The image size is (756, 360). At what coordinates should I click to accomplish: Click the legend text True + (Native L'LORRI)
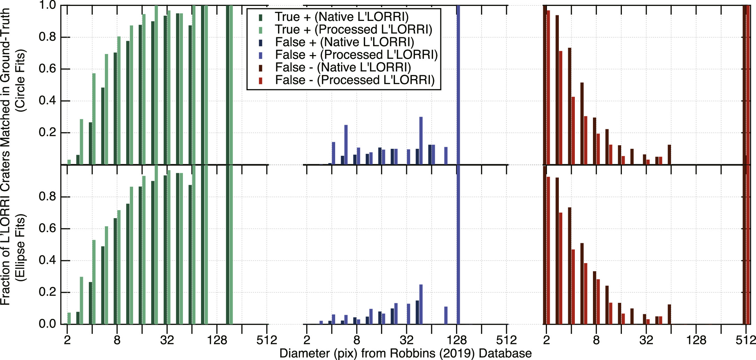tap(341, 17)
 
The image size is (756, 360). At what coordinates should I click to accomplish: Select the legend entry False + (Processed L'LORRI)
tap(356, 55)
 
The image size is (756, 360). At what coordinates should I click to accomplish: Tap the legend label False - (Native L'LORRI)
tap(343, 67)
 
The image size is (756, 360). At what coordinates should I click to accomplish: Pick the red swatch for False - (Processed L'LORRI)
tap(261, 81)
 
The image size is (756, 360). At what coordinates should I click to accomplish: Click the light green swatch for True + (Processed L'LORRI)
tap(261, 30)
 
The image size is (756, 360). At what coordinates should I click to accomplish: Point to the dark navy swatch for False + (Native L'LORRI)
tap(261, 43)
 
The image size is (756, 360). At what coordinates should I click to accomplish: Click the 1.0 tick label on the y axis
tap(47, 5)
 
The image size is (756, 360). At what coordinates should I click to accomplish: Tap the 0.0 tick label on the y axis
tap(47, 324)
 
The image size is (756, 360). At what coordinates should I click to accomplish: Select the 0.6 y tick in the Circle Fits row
tap(47, 69)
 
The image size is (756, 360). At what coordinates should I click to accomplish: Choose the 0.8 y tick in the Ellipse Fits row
tap(47, 197)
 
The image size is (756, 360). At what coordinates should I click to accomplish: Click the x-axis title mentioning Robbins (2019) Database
tap(405, 353)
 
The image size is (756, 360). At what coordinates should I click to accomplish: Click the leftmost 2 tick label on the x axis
tap(67, 340)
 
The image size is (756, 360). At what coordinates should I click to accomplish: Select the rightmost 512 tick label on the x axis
tap(746, 340)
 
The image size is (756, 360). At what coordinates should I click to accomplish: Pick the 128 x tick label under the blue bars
tap(456, 340)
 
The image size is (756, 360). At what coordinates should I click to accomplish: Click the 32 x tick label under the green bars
tap(167, 340)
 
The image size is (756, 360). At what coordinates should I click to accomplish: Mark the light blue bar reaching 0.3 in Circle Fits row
tap(421, 140)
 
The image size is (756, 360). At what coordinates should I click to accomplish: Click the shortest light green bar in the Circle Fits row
tap(69, 162)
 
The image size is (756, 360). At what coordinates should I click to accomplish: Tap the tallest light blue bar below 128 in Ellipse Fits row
tap(421, 304)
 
